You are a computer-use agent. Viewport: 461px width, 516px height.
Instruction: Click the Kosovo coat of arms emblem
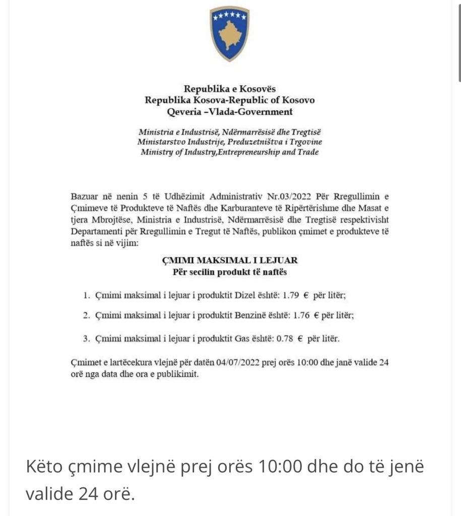click(x=230, y=34)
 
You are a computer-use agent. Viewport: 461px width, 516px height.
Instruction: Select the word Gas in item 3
click(x=242, y=339)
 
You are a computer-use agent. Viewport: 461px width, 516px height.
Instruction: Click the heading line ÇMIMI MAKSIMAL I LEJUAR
click(x=229, y=261)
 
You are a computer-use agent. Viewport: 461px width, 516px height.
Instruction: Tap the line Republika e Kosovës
click(x=230, y=89)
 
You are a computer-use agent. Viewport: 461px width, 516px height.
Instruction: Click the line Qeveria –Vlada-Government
click(x=230, y=111)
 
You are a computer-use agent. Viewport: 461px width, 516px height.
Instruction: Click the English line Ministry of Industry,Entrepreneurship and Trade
click(x=230, y=152)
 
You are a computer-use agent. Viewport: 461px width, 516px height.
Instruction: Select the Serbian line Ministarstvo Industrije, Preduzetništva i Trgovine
click(x=230, y=142)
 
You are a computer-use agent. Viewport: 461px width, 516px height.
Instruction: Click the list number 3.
click(x=86, y=339)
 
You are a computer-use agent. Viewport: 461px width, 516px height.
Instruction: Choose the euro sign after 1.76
click(x=317, y=316)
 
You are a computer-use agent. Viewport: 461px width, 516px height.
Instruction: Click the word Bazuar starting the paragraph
click(x=84, y=195)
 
